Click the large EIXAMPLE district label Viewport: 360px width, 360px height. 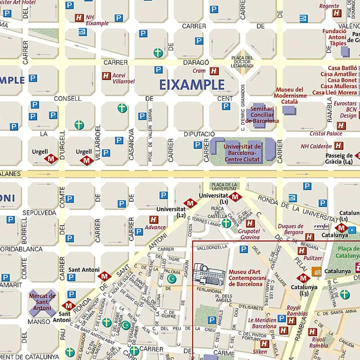pos(192,85)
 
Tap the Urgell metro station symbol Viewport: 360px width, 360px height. pos(51,159)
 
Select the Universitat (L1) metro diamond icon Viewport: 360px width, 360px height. pos(235,196)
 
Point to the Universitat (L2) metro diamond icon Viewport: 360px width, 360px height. pos(190,203)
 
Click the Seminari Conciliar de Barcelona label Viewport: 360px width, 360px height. pos(262,115)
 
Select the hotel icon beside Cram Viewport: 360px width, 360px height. pos(214,71)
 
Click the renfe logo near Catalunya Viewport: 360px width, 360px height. pos(322,226)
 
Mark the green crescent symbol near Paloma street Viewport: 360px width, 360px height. pos(172,278)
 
